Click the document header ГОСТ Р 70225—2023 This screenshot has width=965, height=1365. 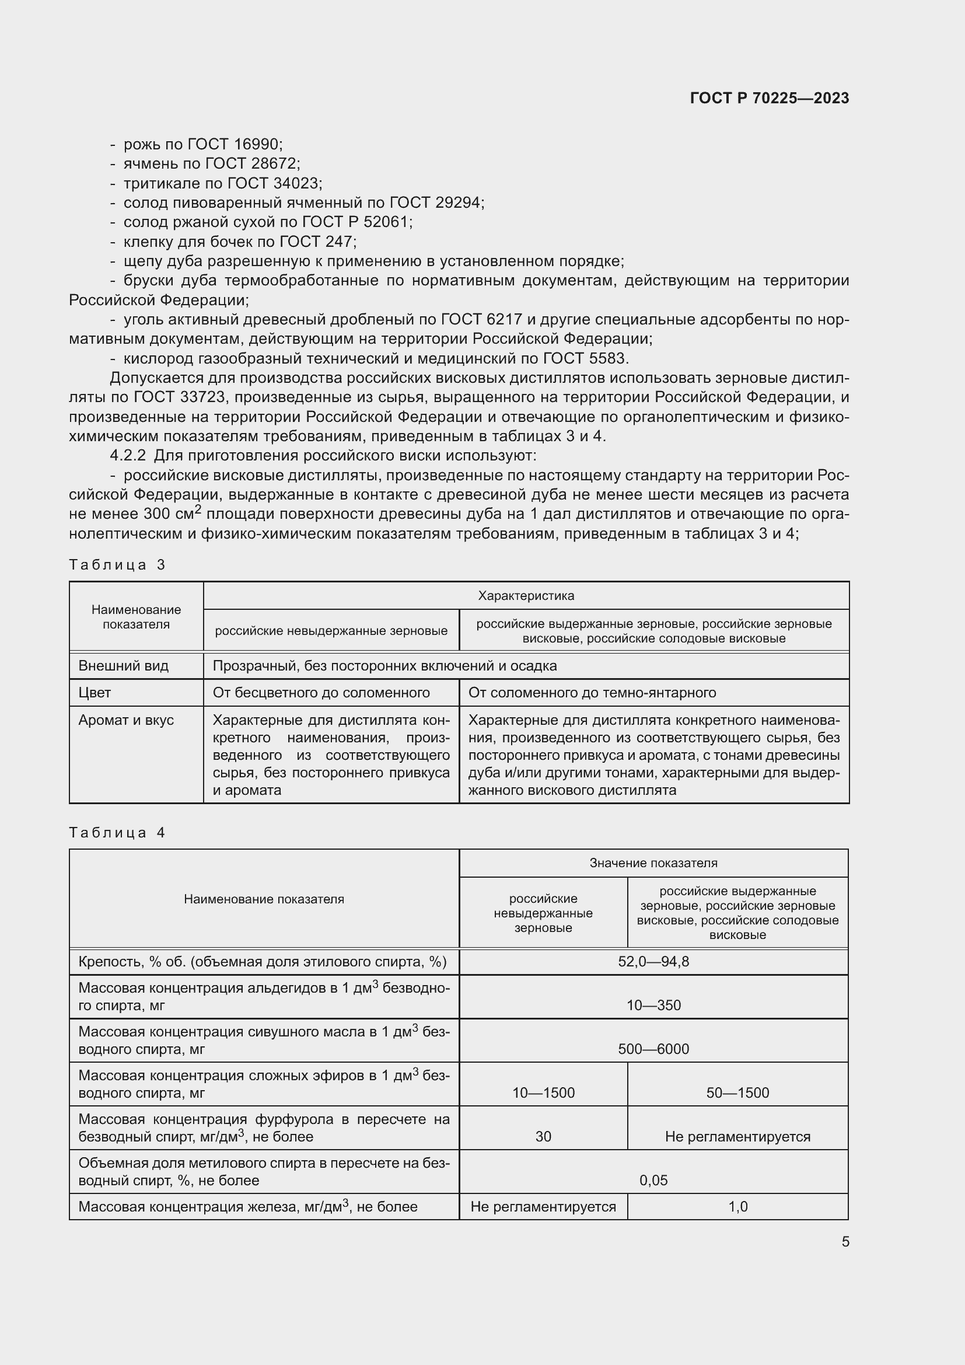[x=769, y=98]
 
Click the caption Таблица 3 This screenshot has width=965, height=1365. [x=117, y=564]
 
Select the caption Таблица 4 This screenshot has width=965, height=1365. [x=117, y=832]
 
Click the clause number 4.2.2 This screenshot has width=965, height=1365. [x=128, y=455]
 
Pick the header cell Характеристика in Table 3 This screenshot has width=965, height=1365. [x=526, y=596]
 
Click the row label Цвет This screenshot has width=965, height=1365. [x=95, y=693]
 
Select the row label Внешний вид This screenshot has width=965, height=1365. [x=124, y=666]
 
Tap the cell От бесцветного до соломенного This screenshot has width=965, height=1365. [x=321, y=693]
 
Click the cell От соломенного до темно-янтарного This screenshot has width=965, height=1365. [x=592, y=693]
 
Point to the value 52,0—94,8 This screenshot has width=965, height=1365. [x=653, y=962]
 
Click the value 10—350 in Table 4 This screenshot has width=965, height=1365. [x=653, y=1006]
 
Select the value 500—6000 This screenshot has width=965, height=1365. [x=653, y=1049]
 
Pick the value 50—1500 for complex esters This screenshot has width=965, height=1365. [x=737, y=1092]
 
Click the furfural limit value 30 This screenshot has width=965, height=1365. [x=543, y=1137]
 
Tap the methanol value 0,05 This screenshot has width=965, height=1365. [x=653, y=1180]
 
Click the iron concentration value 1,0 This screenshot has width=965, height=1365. [x=737, y=1207]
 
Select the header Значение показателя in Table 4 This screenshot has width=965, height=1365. [x=653, y=863]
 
